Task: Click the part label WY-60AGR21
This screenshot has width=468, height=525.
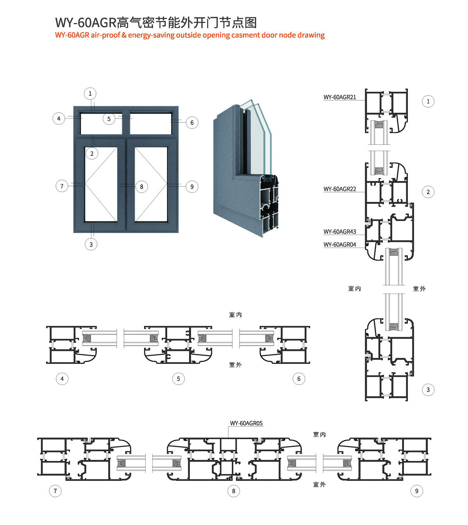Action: click(339, 97)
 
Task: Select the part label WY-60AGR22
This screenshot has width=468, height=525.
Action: click(339, 189)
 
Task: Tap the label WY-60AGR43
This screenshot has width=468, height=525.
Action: click(339, 231)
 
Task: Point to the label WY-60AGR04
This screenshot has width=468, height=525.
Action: click(339, 245)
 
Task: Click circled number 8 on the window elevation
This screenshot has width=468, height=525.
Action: click(142, 187)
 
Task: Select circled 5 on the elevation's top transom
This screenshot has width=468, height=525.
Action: click(109, 119)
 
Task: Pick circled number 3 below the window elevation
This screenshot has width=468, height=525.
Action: click(91, 244)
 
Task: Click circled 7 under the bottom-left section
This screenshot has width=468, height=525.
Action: click(55, 491)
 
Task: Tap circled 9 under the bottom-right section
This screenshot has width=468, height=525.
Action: click(417, 491)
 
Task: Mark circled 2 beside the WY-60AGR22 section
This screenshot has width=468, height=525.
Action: click(428, 192)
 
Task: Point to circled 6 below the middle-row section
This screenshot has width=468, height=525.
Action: click(299, 379)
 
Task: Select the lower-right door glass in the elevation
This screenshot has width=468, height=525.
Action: click(151, 184)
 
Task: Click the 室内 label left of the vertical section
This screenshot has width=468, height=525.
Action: click(354, 289)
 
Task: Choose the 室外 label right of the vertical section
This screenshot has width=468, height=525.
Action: click(419, 289)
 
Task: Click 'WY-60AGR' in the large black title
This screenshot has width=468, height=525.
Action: click(86, 23)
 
